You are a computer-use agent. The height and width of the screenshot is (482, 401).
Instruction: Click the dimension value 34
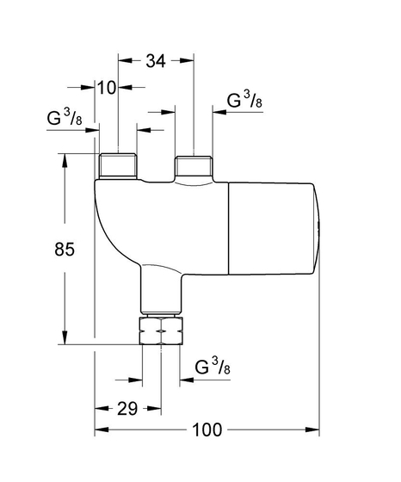156,61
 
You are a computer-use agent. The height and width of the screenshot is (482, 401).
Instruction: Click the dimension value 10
108,87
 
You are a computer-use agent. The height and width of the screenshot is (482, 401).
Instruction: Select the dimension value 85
66,250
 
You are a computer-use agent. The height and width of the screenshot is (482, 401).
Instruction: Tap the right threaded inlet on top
194,165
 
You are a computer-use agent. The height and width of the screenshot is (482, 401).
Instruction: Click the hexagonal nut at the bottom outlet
161,331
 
